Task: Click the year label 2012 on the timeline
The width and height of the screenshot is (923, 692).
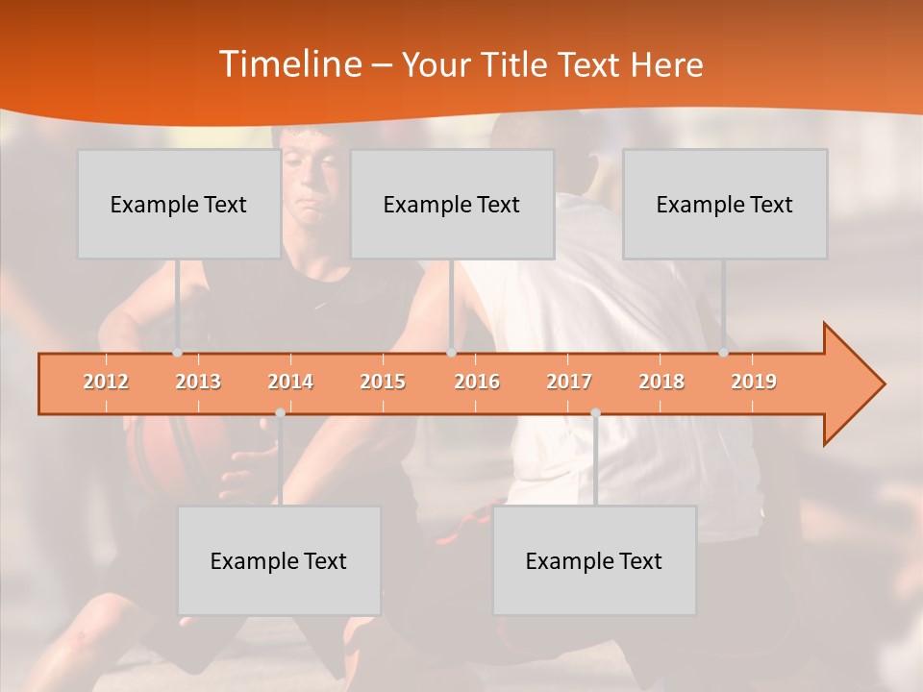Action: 106,382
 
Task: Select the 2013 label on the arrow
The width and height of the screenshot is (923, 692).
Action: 198,382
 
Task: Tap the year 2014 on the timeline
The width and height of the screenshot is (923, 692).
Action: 290,382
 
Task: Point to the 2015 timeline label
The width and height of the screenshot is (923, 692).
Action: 383,382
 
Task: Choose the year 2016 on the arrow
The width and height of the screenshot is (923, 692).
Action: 477,382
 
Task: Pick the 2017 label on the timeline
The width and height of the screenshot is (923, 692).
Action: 569,382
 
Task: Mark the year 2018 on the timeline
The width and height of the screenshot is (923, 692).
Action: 661,382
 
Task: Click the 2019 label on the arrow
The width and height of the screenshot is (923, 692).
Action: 754,382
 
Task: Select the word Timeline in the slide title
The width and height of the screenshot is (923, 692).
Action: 288,64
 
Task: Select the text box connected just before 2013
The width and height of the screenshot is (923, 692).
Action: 179,204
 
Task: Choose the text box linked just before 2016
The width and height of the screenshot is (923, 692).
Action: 452,204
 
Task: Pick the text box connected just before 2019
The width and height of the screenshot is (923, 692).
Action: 725,204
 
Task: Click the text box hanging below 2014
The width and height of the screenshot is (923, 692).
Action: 279,560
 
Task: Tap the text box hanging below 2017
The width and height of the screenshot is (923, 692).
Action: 594,560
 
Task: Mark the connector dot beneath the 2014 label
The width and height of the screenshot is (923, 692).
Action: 280,413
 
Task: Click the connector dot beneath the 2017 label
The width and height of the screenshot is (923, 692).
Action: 595,413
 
